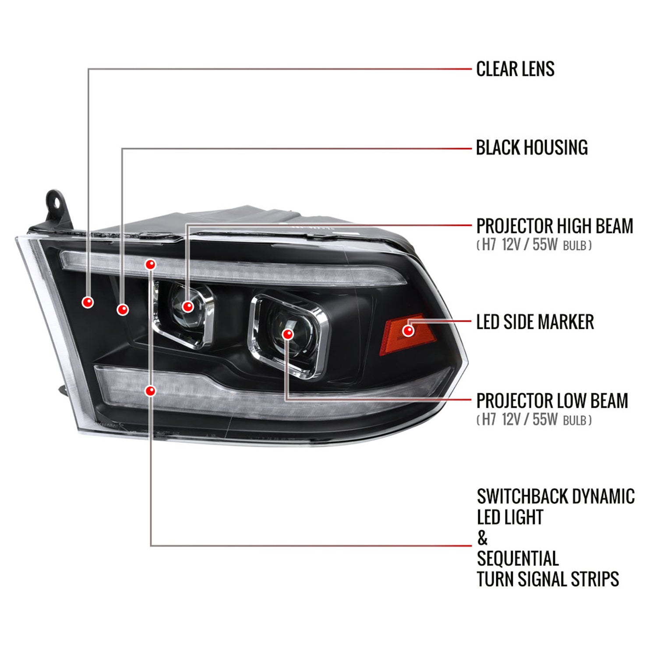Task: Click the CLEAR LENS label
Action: click(x=515, y=69)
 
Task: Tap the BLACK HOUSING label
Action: click(x=532, y=148)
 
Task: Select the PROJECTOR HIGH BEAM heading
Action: click(x=555, y=226)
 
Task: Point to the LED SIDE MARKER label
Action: click(x=535, y=322)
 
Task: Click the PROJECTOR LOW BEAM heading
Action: click(x=552, y=401)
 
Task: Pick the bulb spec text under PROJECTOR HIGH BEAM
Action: click(x=534, y=245)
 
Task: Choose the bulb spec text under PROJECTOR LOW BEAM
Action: click(x=534, y=420)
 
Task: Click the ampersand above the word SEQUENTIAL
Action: click(x=482, y=538)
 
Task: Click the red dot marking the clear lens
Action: click(x=88, y=302)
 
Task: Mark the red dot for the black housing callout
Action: click(x=123, y=310)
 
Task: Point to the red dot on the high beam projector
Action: click(x=188, y=306)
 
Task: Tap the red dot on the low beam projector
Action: click(x=288, y=334)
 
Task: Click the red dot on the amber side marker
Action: click(x=408, y=330)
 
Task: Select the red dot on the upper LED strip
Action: click(x=150, y=264)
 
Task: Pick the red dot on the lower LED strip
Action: click(x=150, y=390)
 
